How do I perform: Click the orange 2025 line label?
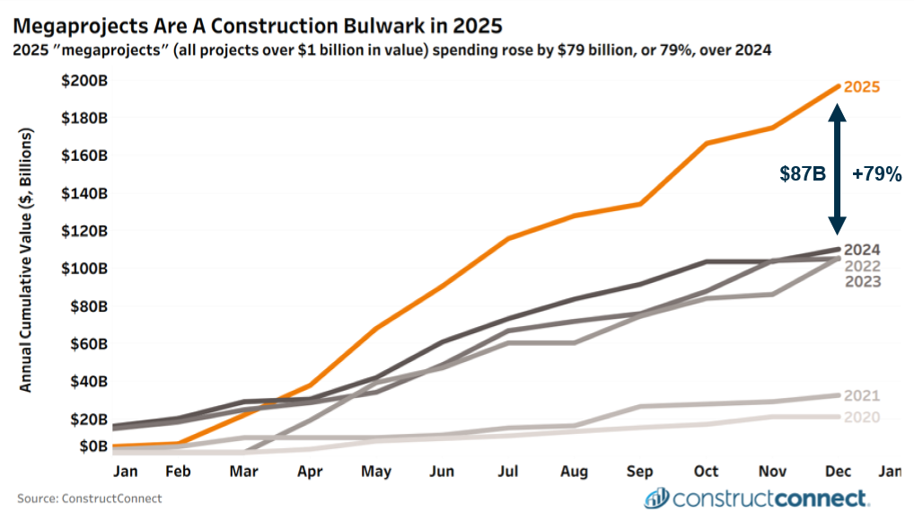(x=861, y=87)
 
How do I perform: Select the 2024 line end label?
(x=862, y=251)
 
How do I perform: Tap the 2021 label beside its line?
(x=862, y=396)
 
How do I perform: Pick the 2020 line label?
(x=862, y=418)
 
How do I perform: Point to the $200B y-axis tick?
(x=84, y=80)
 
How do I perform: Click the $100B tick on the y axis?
(x=84, y=268)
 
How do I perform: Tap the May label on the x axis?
(x=376, y=471)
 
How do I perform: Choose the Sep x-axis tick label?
(x=641, y=471)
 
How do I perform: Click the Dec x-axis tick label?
(x=839, y=471)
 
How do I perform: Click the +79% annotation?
(x=876, y=174)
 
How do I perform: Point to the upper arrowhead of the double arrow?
(x=837, y=111)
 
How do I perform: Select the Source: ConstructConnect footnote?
(x=90, y=498)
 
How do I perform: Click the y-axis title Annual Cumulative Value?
(x=26, y=260)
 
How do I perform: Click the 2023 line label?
(x=862, y=282)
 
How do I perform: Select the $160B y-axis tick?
(x=84, y=155)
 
